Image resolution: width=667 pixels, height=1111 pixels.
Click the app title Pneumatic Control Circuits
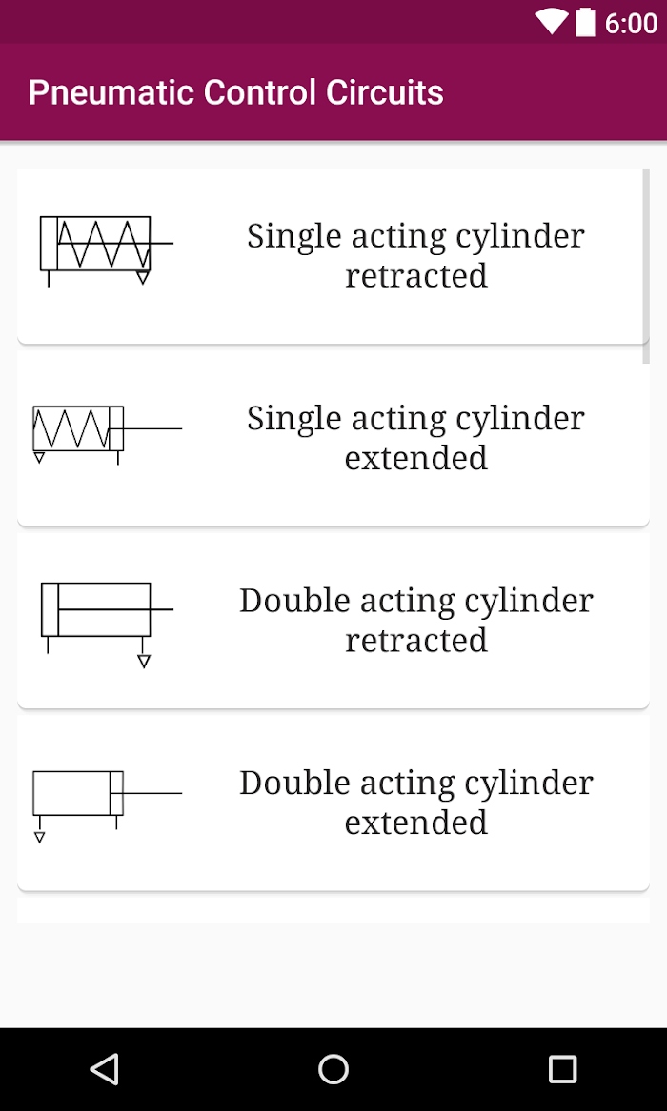[x=236, y=92]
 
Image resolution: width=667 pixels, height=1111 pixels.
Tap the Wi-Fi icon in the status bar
[x=550, y=22]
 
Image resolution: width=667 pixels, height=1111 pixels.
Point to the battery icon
[x=585, y=22]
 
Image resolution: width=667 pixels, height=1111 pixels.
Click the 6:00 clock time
[x=631, y=23]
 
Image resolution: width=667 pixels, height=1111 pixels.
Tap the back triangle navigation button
[x=105, y=1068]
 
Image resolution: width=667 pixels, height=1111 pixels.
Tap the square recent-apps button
[x=562, y=1068]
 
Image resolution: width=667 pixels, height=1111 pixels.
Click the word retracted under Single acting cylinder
[x=416, y=276]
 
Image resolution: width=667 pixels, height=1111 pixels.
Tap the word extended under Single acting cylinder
[x=416, y=458]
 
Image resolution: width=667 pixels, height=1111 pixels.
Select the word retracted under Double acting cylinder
[x=416, y=640]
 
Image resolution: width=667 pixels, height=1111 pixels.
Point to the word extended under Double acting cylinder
[x=416, y=823]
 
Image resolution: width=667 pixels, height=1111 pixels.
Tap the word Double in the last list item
[x=294, y=783]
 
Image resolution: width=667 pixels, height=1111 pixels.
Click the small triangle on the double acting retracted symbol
[x=144, y=662]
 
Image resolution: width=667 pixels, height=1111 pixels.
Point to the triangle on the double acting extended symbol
[x=40, y=838]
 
